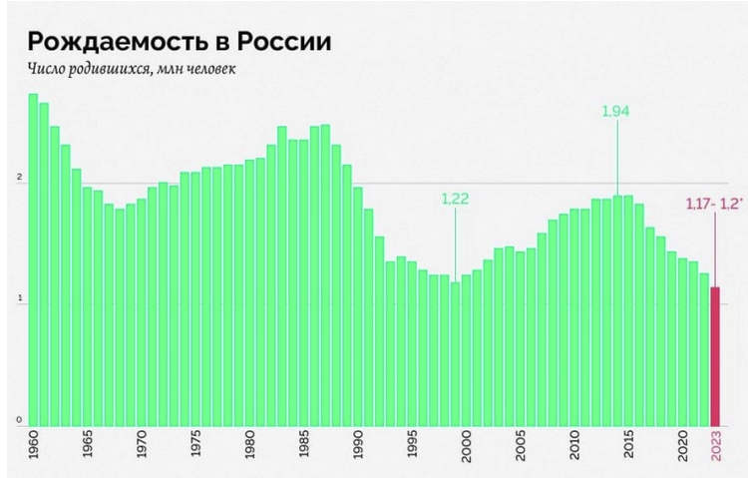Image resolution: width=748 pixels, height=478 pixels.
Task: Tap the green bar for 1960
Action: point(33,259)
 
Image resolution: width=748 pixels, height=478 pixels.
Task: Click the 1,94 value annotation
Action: point(616,111)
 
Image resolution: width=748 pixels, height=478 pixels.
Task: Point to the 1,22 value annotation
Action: point(455,198)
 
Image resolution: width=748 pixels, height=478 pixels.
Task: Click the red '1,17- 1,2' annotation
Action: point(711,204)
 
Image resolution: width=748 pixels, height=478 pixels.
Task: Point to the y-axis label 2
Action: point(19,179)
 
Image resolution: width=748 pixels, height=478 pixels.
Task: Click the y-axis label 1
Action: point(19,300)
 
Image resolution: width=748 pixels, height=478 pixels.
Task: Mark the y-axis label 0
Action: point(19,420)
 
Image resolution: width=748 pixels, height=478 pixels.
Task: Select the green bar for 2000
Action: point(466,349)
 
